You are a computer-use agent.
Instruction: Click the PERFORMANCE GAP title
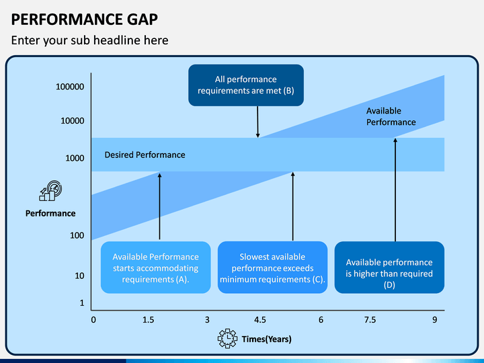coord(84,19)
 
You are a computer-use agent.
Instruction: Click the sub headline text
coord(90,40)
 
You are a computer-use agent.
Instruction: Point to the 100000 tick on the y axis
coord(70,87)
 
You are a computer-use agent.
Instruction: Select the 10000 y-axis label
coord(72,121)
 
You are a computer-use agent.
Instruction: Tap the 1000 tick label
coord(75,158)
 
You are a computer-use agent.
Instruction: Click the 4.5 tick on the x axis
coord(260,320)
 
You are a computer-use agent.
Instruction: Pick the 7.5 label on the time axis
coord(370,320)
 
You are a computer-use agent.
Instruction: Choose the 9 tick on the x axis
coord(435,320)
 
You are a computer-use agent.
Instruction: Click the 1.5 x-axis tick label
coord(148,320)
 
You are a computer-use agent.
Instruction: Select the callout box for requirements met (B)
coord(246,85)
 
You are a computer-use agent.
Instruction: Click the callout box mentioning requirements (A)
coord(155,268)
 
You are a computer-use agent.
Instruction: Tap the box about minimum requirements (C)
coord(272,268)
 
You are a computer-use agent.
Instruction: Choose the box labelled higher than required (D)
coord(389,268)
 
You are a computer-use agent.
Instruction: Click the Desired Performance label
coord(145,155)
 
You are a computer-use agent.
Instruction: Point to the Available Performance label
coord(391,116)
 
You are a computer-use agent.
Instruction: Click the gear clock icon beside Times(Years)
coord(227,339)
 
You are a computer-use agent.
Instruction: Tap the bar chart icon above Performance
coord(50,191)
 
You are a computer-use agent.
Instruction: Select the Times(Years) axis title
coord(267,339)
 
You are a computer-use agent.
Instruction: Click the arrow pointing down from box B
coord(257,122)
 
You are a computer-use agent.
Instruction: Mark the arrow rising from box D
coord(395,190)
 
